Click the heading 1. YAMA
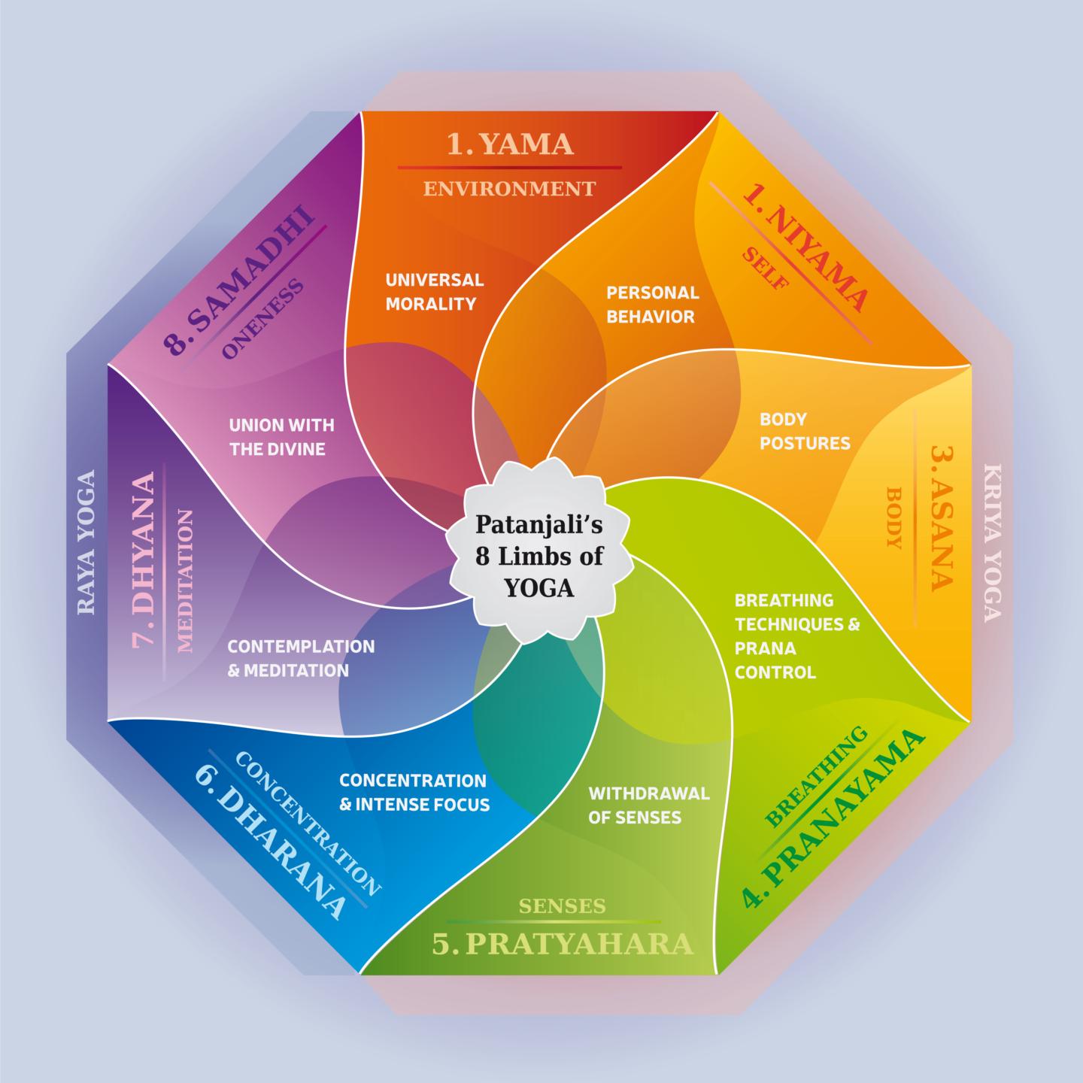pos(510,143)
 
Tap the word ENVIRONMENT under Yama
pos(509,188)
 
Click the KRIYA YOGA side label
pos(992,541)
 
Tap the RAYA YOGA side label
pos(86,541)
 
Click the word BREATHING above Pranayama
pos(818,777)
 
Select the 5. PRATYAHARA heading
pos(561,943)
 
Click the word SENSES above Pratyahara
pos(562,906)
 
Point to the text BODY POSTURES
pos(804,431)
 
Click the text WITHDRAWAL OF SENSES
pos(648,805)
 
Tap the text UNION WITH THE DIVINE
pos(281,437)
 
